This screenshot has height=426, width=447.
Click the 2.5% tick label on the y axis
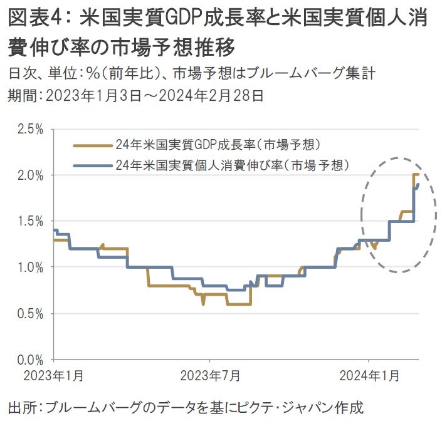29,129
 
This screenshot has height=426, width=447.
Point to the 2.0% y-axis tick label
29,175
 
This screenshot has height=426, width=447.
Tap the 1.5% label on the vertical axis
29,221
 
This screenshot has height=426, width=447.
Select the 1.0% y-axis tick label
29,268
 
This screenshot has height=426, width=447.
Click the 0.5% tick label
29,313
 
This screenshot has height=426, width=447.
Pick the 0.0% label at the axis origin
29,360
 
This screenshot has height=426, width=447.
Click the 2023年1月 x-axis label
54,376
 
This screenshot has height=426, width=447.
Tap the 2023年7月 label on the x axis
210,376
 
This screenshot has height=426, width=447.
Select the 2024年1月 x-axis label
369,376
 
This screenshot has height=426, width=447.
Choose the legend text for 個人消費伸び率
232,165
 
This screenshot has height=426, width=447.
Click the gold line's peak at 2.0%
416,175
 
